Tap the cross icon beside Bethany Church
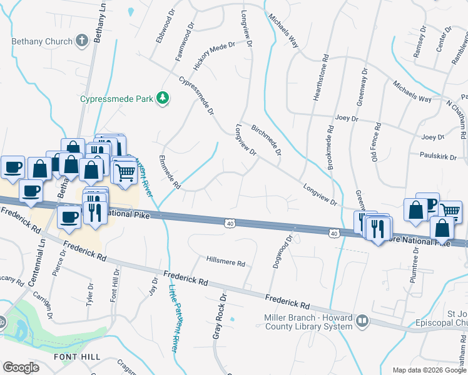80,41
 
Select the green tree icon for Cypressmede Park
163,97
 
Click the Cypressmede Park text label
117,98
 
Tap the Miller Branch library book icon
362,321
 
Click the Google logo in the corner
21,367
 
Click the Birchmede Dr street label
266,138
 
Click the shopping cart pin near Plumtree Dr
450,211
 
